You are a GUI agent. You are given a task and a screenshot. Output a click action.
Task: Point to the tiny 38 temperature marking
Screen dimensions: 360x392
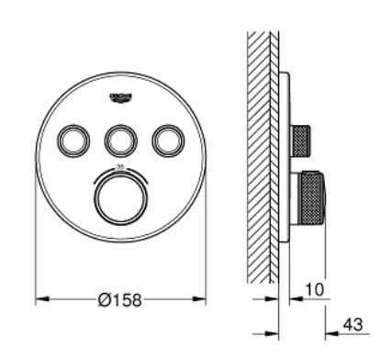(x=120, y=166)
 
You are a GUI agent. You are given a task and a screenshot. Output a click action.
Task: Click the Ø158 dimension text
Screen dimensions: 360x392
(x=120, y=298)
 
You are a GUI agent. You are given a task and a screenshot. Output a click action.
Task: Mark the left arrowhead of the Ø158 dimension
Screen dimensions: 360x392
(x=39, y=298)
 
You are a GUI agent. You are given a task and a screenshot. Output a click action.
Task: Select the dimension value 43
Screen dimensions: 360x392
(x=352, y=325)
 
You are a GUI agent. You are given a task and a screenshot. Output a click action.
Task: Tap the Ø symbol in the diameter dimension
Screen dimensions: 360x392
(x=103, y=298)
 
